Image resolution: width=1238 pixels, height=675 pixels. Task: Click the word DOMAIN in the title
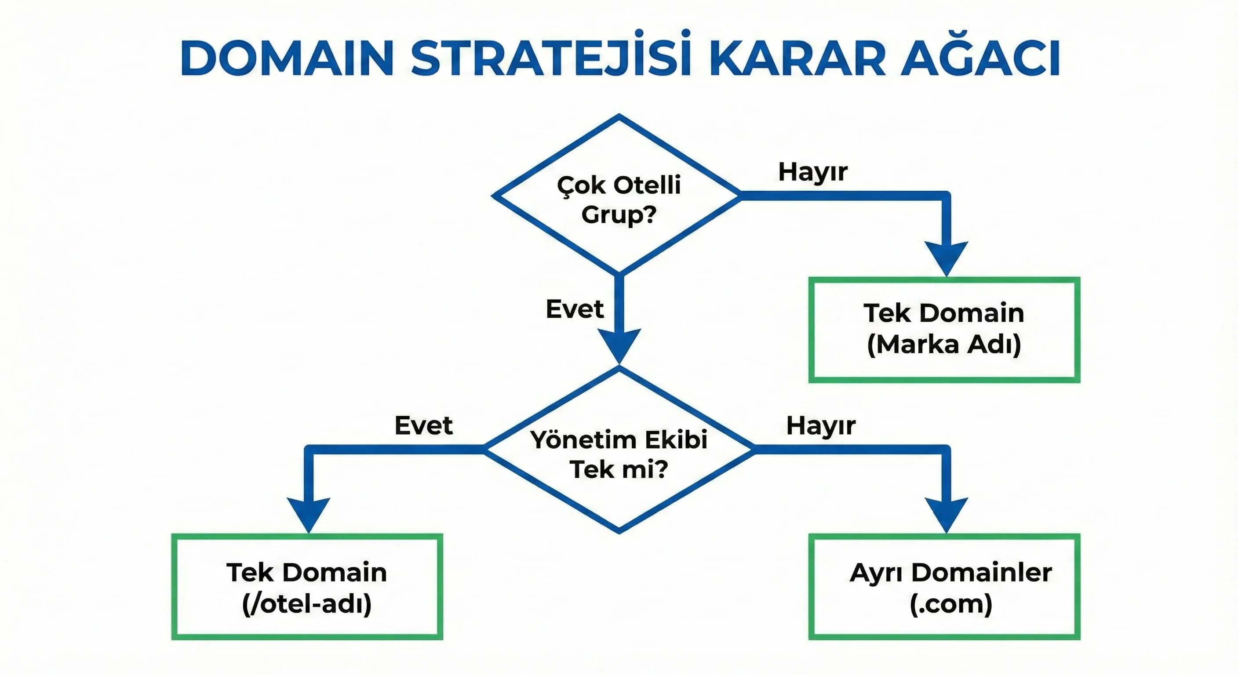[x=288, y=58]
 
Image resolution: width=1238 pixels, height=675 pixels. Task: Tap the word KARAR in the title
[x=797, y=58]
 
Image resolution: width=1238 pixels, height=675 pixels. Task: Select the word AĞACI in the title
[x=980, y=58]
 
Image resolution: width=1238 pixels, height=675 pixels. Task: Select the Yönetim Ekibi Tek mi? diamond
[x=619, y=452]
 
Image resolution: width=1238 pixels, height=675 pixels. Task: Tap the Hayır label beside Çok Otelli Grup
[x=813, y=172]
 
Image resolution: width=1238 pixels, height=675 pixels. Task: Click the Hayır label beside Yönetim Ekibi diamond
[x=820, y=426]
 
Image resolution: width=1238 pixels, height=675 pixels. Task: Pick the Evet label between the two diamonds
[x=574, y=309]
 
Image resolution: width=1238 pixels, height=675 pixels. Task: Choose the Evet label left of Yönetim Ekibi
[x=423, y=426]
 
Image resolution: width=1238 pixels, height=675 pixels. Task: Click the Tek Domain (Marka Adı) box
[x=944, y=330]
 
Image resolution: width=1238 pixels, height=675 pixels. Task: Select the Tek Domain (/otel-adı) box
[x=307, y=587]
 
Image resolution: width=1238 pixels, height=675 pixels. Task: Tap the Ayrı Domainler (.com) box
[x=944, y=587]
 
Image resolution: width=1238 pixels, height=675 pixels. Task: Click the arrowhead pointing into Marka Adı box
[x=946, y=257]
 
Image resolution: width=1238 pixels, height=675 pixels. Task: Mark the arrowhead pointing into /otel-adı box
[x=309, y=513]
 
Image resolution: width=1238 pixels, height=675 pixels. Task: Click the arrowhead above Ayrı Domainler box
[x=946, y=513]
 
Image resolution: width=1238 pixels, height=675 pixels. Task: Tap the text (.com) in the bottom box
[x=950, y=604]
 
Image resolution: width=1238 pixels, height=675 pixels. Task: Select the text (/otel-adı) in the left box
[x=307, y=604]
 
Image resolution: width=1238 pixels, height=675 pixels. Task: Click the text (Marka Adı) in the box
[x=944, y=345]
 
